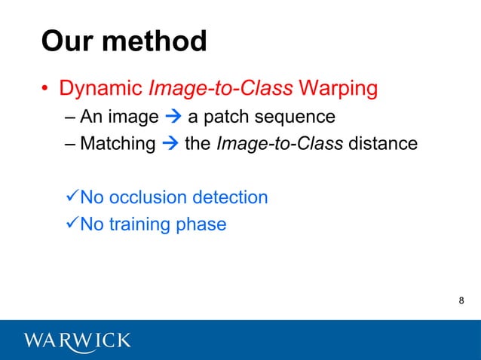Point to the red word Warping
(x=338, y=89)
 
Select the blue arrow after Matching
(x=170, y=143)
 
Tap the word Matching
(x=117, y=143)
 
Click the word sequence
(x=298, y=117)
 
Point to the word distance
(x=382, y=143)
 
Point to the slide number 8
(x=461, y=302)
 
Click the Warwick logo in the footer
(x=78, y=340)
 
